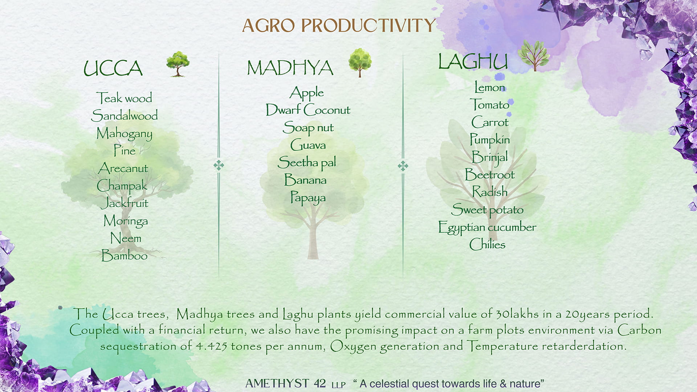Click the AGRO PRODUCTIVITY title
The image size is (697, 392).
[x=338, y=25]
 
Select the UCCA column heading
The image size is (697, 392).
[x=113, y=68]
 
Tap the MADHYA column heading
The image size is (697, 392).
[x=290, y=68]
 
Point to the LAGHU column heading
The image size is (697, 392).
[x=473, y=61]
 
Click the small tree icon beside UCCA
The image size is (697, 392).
[x=178, y=64]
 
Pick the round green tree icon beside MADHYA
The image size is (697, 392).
[x=360, y=63]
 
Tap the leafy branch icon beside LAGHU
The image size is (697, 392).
[x=534, y=55]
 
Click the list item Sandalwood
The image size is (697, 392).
[x=125, y=115]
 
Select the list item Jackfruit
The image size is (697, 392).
[x=125, y=203]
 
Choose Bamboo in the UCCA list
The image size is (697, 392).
[x=124, y=255]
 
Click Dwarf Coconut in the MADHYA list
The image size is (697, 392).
[x=308, y=110]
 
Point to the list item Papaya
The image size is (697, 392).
[x=308, y=198]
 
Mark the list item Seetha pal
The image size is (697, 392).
[x=307, y=162]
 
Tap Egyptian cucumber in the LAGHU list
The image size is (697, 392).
[x=487, y=227]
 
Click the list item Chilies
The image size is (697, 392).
[x=487, y=244]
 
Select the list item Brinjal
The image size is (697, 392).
[x=490, y=157]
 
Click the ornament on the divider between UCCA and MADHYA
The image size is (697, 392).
[x=219, y=166]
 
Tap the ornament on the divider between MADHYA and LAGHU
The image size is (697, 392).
[x=403, y=166]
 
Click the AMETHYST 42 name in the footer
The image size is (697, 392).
[x=285, y=383]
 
